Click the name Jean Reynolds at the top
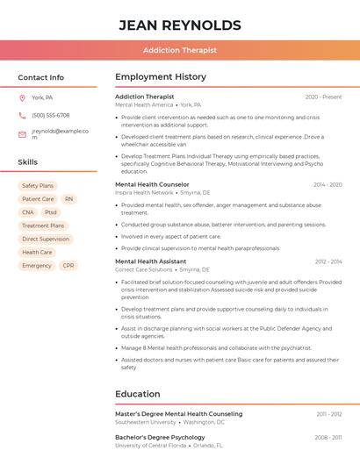pos(179,25)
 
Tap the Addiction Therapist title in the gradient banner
pos(179,50)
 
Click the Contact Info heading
pos(40,77)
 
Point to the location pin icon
pos(22,97)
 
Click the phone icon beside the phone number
pos(22,115)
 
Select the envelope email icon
pos(22,134)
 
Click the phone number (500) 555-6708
pos(50,115)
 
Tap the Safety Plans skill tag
pos(38,186)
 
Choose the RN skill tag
pos(68,199)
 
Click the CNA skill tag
pos(28,212)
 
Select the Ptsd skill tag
pos(50,212)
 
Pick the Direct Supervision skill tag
pos(46,239)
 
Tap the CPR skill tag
pos(68,265)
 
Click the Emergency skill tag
pos(37,265)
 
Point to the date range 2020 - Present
pos(323,97)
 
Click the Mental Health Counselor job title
pos(152,184)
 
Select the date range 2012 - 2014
pos(328,261)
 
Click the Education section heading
pos(137,394)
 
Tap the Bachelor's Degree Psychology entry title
pos(160,437)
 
